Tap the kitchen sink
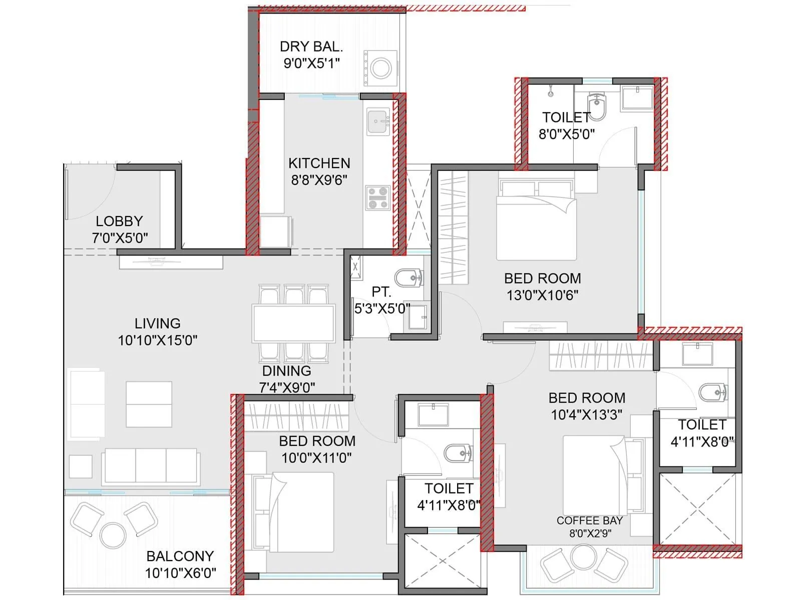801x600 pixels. (378, 121)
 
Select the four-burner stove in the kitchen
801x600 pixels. (377, 197)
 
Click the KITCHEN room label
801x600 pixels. (319, 163)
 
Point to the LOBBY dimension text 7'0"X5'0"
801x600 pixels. (120, 238)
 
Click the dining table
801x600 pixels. (294, 323)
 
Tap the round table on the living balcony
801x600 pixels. (113, 535)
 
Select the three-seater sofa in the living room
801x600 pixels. (151, 466)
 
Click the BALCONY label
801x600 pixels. (180, 556)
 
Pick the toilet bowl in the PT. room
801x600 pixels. (408, 277)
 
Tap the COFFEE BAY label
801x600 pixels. (589, 520)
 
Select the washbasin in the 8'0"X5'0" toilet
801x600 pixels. (637, 97)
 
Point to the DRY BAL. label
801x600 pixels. (311, 46)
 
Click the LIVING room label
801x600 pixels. (157, 323)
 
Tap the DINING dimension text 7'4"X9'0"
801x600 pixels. (287, 387)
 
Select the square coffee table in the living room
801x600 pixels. (149, 404)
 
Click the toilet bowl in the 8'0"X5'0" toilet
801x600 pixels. (596, 106)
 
